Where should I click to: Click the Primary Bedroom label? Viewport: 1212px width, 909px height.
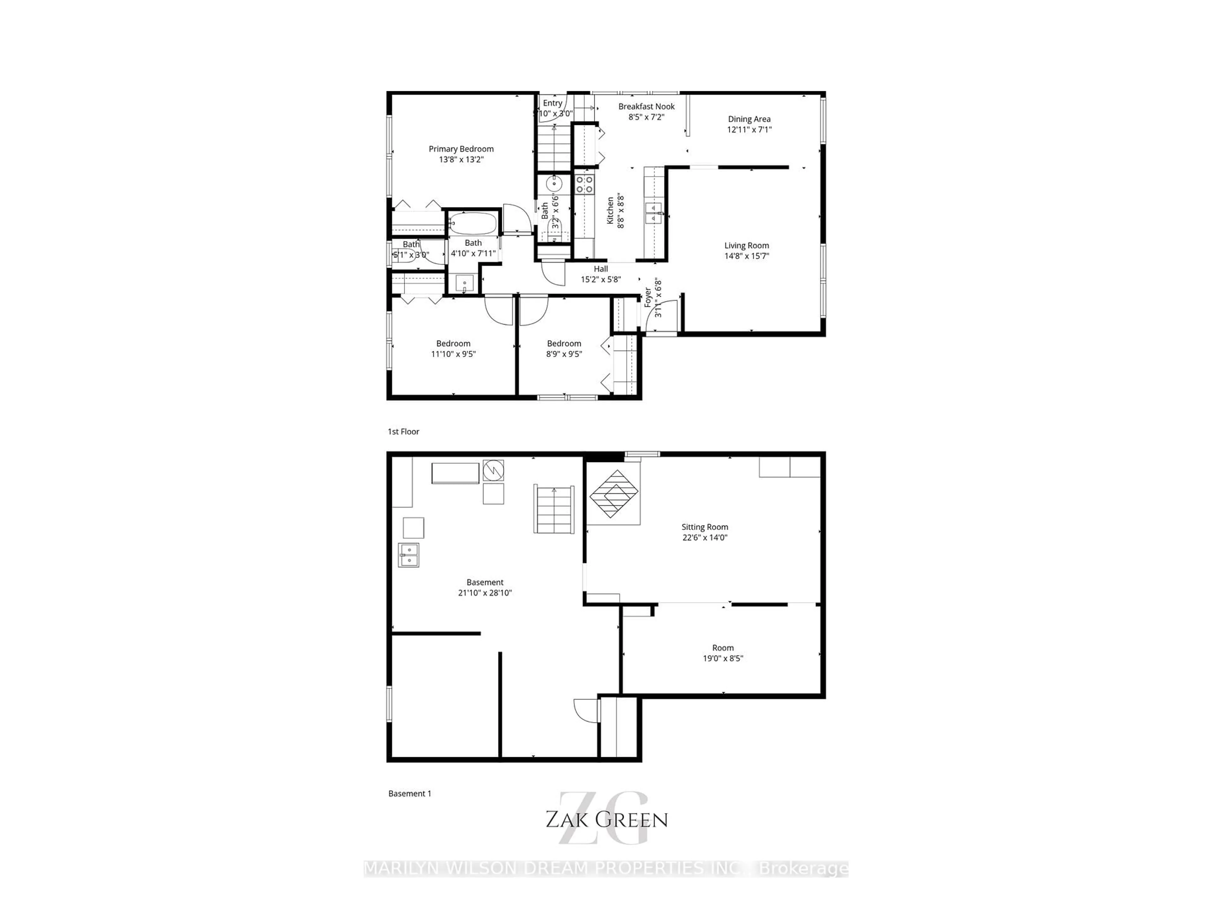coord(461,149)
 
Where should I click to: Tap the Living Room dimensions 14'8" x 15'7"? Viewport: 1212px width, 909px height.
coord(746,256)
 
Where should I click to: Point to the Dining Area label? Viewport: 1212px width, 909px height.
coord(749,119)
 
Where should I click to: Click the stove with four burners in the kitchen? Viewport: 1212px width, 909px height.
coord(585,184)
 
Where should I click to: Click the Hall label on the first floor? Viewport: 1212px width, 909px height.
coord(601,269)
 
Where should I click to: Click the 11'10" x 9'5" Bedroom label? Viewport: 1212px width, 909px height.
coord(453,343)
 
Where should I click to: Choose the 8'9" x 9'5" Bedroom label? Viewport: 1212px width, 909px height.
coord(564,343)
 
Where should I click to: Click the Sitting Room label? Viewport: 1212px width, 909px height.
coord(704,527)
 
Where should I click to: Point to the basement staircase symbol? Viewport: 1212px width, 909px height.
coord(554,509)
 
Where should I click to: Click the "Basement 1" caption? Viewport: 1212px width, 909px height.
coord(410,793)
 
